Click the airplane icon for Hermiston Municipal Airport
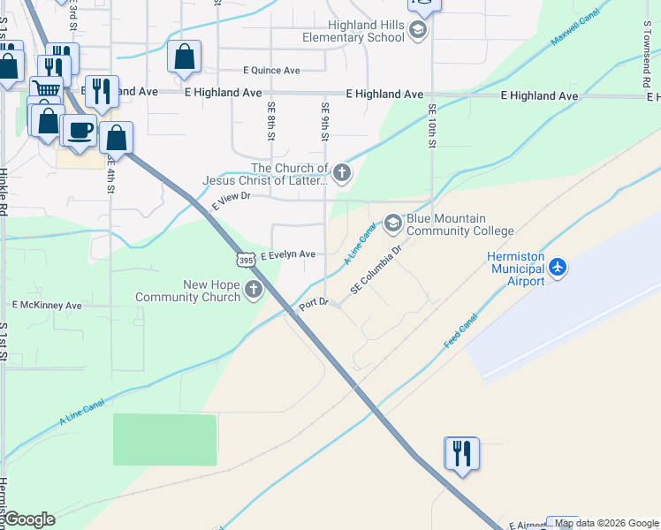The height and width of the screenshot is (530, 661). click(558, 266)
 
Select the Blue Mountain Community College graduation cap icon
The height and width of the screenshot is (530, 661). click(391, 225)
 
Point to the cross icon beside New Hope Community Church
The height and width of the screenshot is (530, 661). click(254, 290)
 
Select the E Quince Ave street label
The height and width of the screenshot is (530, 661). click(271, 71)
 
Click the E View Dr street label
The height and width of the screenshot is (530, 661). click(232, 202)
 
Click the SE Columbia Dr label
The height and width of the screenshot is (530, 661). click(376, 270)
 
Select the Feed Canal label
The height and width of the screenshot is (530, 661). click(460, 330)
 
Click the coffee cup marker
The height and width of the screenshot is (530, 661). click(80, 130)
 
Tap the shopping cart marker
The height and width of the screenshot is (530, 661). click(46, 90)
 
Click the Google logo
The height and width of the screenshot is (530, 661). click(28, 519)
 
